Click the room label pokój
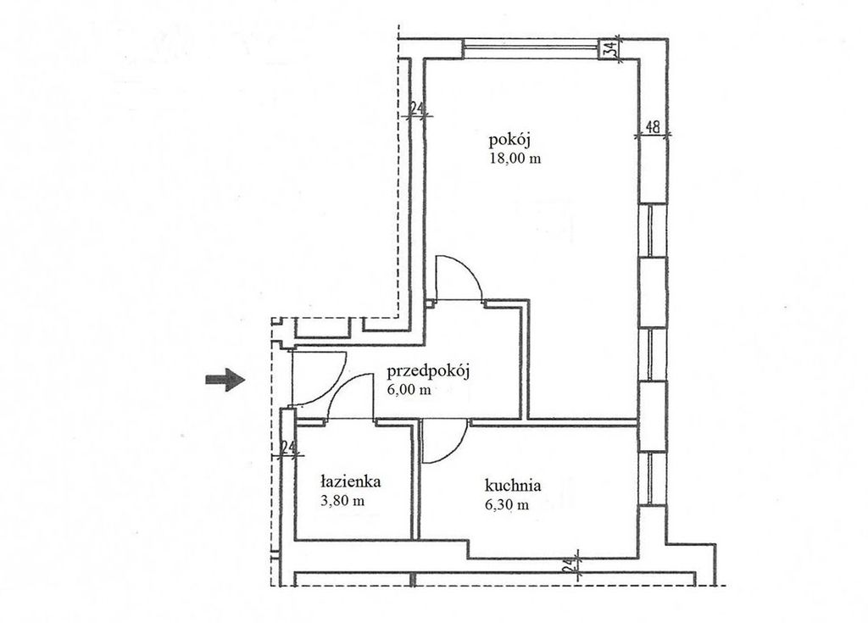pyautogui.click(x=509, y=140)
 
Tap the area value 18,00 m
pyautogui.click(x=515, y=159)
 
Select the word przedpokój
pyautogui.click(x=428, y=371)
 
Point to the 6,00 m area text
pyautogui.click(x=409, y=389)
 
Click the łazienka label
pyautogui.click(x=351, y=481)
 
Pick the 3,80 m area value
pyautogui.click(x=342, y=501)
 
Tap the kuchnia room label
pyautogui.click(x=513, y=486)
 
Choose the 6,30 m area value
pyautogui.click(x=507, y=504)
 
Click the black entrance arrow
pyautogui.click(x=225, y=380)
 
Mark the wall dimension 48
pyautogui.click(x=654, y=127)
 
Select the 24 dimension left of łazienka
pyautogui.click(x=288, y=447)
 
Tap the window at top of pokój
pyautogui.click(x=532, y=48)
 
